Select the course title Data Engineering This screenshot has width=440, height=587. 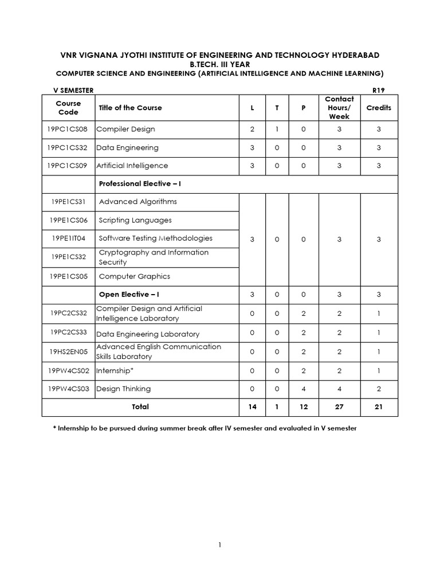(x=127, y=147)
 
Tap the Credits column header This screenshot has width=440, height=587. (x=379, y=107)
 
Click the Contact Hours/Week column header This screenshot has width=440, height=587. (x=339, y=107)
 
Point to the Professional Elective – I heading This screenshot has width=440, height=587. (x=140, y=183)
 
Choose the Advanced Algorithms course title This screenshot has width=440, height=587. (x=137, y=201)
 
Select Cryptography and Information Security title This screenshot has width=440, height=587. (x=153, y=257)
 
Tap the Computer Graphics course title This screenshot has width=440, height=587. (x=134, y=276)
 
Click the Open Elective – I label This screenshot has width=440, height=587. (x=129, y=294)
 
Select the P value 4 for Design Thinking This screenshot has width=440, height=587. (x=304, y=389)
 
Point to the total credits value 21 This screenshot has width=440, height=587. (x=379, y=406)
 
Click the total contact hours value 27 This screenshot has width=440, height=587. (x=339, y=406)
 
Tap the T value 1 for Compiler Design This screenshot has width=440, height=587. (x=277, y=129)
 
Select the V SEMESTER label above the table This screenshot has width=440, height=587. (x=73, y=91)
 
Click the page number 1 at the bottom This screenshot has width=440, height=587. (x=219, y=545)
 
